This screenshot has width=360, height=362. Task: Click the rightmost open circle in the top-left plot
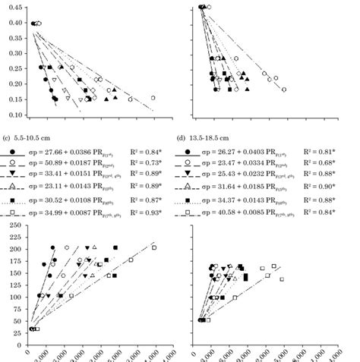coord(153,98)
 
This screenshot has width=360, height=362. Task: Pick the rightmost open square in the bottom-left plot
coord(154,247)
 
